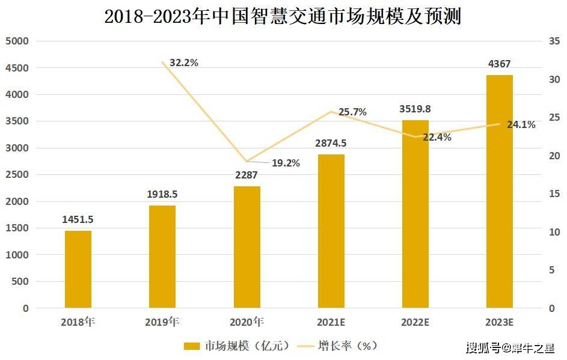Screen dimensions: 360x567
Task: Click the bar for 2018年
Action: pyautogui.click(x=78, y=269)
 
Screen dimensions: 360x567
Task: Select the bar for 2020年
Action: pyautogui.click(x=247, y=247)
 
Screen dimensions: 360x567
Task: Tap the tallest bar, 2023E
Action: pyautogui.click(x=500, y=191)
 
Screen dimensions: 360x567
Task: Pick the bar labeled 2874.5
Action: pyautogui.click(x=331, y=231)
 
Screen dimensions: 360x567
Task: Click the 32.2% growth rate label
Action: pyautogui.click(x=184, y=62)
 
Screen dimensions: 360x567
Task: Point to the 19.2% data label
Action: pyautogui.click(x=286, y=162)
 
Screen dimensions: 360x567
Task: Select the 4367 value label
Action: pyautogui.click(x=499, y=64)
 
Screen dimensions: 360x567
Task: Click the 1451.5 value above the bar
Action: pyautogui.click(x=78, y=219)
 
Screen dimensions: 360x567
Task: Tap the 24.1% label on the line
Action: pyautogui.click(x=521, y=125)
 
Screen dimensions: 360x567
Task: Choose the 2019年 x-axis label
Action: pyautogui.click(x=162, y=322)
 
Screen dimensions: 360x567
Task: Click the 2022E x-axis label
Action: pyautogui.click(x=415, y=322)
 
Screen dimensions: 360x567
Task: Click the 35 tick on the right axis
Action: pyautogui.click(x=554, y=41)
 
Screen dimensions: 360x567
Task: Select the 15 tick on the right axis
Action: pyautogui.click(x=554, y=194)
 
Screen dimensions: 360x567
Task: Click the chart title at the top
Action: pyautogui.click(x=283, y=16)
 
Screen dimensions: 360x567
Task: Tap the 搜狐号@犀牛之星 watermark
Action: pyautogui.click(x=510, y=347)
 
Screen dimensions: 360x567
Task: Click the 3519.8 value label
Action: pyautogui.click(x=415, y=109)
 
